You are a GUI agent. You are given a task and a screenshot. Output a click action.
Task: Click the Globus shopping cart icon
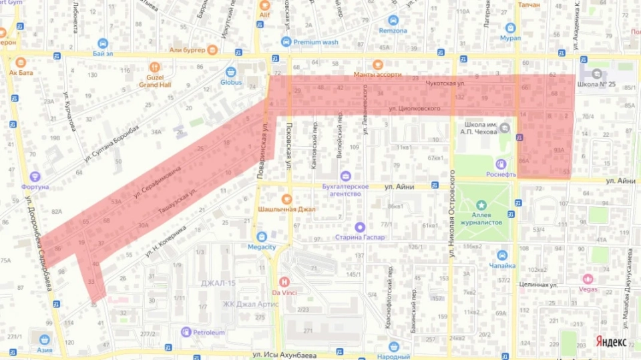(231, 71)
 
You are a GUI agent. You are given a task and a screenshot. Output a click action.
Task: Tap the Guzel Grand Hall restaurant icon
(155, 67)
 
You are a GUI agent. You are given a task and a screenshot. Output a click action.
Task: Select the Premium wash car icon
(286, 42)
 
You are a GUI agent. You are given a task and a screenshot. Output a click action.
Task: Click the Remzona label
(393, 31)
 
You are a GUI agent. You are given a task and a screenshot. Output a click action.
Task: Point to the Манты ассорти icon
(378, 65)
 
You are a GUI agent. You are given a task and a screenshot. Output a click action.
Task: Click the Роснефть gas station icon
(501, 164)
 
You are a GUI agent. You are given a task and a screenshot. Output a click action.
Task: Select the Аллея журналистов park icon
(481, 204)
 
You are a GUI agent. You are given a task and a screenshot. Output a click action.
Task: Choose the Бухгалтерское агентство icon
(345, 176)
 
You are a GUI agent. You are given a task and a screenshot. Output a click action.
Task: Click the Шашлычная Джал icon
(286, 198)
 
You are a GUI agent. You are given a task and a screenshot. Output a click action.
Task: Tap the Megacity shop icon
(262, 236)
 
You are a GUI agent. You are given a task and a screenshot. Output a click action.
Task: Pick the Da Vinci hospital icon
(284, 281)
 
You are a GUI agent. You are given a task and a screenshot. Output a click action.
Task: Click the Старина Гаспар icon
(360, 227)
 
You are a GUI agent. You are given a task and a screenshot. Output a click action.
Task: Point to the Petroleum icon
(186, 332)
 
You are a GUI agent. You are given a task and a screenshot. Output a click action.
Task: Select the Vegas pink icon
(588, 279)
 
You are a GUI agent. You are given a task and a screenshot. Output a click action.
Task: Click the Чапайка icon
(501, 255)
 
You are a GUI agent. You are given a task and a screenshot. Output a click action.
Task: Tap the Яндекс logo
(610, 341)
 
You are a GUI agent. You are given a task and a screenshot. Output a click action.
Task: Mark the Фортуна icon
(35, 176)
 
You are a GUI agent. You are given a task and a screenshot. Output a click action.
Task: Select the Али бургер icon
(212, 49)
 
